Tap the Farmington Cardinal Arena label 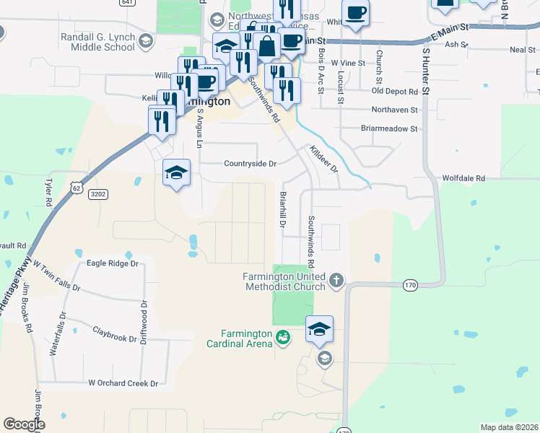(247, 338)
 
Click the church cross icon (336, 280)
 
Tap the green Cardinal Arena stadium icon (284, 336)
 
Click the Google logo (24, 424)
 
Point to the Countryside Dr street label (250, 164)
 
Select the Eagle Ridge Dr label (112, 263)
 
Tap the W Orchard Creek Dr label (123, 383)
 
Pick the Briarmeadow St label (389, 128)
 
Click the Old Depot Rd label (395, 92)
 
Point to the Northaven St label (394, 110)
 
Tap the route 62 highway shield (77, 188)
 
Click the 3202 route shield (97, 194)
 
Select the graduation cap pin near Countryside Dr (176, 173)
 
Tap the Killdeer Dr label (323, 159)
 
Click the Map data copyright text (508, 427)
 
